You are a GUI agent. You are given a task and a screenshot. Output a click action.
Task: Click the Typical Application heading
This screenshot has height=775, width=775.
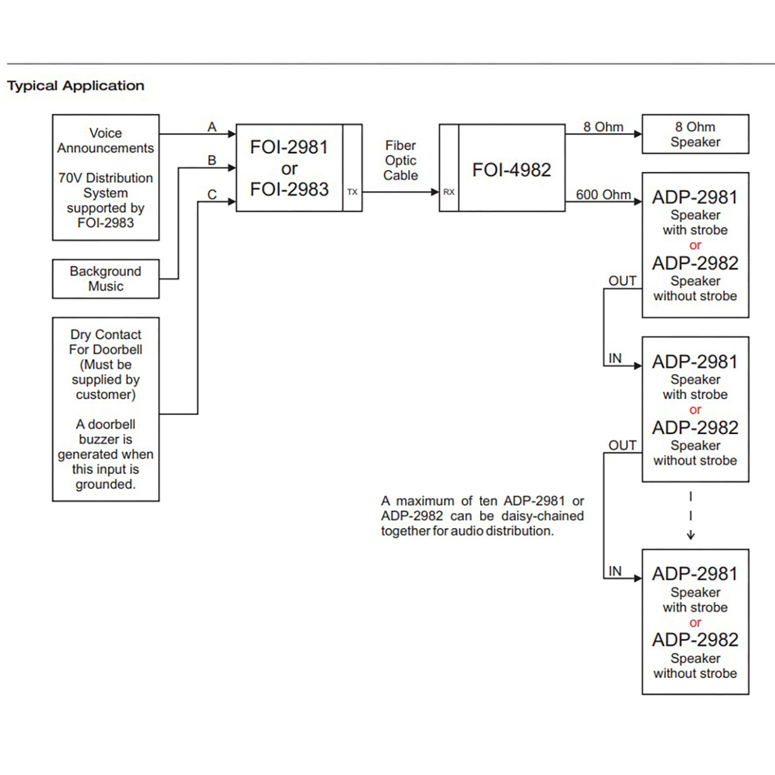pyautogui.click(x=76, y=85)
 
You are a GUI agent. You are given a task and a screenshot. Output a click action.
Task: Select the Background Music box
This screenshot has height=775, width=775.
pyautogui.click(x=106, y=279)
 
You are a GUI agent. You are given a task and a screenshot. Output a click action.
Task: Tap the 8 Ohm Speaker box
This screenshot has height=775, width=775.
pyautogui.click(x=695, y=134)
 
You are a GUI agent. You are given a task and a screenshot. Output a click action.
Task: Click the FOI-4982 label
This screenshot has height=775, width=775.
pyautogui.click(x=512, y=170)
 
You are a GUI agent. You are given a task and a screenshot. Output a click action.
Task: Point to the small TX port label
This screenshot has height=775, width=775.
pyautogui.click(x=352, y=193)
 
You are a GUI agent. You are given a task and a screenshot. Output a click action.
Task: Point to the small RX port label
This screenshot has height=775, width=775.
pyautogui.click(x=449, y=193)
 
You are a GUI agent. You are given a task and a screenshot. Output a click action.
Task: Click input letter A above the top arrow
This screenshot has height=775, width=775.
pyautogui.click(x=212, y=127)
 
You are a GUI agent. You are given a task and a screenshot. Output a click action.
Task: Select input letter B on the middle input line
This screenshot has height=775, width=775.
pyautogui.click(x=212, y=160)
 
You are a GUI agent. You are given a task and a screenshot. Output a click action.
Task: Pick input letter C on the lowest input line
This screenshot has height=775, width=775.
pyautogui.click(x=212, y=194)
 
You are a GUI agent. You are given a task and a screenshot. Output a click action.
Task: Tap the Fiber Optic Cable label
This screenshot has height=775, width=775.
pyautogui.click(x=401, y=160)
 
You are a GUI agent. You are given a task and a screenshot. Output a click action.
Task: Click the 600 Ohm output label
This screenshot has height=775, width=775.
pyautogui.click(x=603, y=194)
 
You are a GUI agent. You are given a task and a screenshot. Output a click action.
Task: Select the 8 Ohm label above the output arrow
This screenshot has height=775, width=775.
pyautogui.click(x=603, y=127)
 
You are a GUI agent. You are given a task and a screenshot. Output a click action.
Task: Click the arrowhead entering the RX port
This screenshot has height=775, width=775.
pyautogui.click(x=435, y=192)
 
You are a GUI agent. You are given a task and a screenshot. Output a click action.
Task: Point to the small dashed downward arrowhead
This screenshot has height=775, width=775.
pyautogui.click(x=691, y=535)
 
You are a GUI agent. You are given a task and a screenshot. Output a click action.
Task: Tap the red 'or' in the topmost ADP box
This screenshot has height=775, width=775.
pyautogui.click(x=695, y=245)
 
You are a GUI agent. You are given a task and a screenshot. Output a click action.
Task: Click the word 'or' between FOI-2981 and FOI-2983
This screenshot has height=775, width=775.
pyautogui.click(x=289, y=168)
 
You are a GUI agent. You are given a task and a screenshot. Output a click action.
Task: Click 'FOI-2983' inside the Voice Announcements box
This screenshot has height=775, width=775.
pyautogui.click(x=106, y=223)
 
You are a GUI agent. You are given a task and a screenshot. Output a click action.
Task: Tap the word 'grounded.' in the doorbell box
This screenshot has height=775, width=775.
pyautogui.click(x=106, y=484)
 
